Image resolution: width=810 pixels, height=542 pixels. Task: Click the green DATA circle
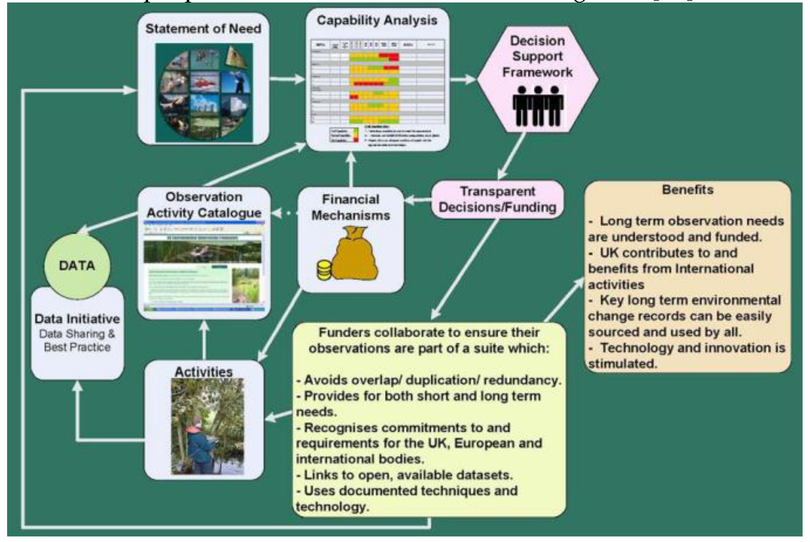coord(77,265)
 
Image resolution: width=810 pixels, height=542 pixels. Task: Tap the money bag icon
coord(354,254)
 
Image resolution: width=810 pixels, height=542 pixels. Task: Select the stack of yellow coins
coord(324,271)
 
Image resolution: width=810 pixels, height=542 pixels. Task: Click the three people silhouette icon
coord(537,106)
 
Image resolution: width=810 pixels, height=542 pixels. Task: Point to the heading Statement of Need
coord(203,29)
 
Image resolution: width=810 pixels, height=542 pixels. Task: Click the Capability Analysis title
coord(377,20)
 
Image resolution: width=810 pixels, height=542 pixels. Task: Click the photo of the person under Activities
coord(207,426)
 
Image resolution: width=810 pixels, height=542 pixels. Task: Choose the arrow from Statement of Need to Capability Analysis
coord(287,79)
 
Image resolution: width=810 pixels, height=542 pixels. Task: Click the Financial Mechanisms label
coord(351,207)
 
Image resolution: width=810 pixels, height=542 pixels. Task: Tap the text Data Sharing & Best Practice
coord(77,340)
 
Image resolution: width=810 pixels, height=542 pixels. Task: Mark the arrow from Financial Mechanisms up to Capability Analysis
coord(351,169)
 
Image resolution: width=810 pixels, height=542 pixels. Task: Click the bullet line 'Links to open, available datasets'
coord(404,475)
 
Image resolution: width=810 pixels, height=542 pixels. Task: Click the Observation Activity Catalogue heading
coord(204,205)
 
